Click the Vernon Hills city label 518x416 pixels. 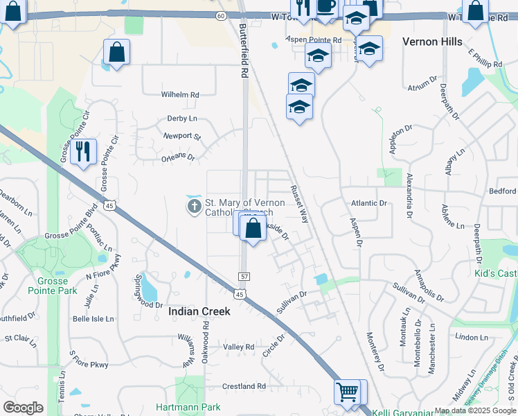[x=432, y=42]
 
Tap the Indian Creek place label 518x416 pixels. [x=199, y=312]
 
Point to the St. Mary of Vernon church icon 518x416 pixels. [x=194, y=206]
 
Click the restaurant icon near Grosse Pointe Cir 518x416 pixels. [x=83, y=151]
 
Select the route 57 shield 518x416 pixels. [x=244, y=275]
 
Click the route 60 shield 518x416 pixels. [x=220, y=15]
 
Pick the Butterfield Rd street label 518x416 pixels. [x=243, y=52]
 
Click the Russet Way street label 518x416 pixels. [x=299, y=203]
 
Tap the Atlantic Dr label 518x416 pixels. [x=368, y=203]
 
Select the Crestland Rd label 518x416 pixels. [x=244, y=386]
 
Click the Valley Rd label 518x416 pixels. [x=239, y=347]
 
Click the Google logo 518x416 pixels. [x=23, y=407]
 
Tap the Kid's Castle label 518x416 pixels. [x=495, y=274]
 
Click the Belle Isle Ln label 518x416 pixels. [x=93, y=319]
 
